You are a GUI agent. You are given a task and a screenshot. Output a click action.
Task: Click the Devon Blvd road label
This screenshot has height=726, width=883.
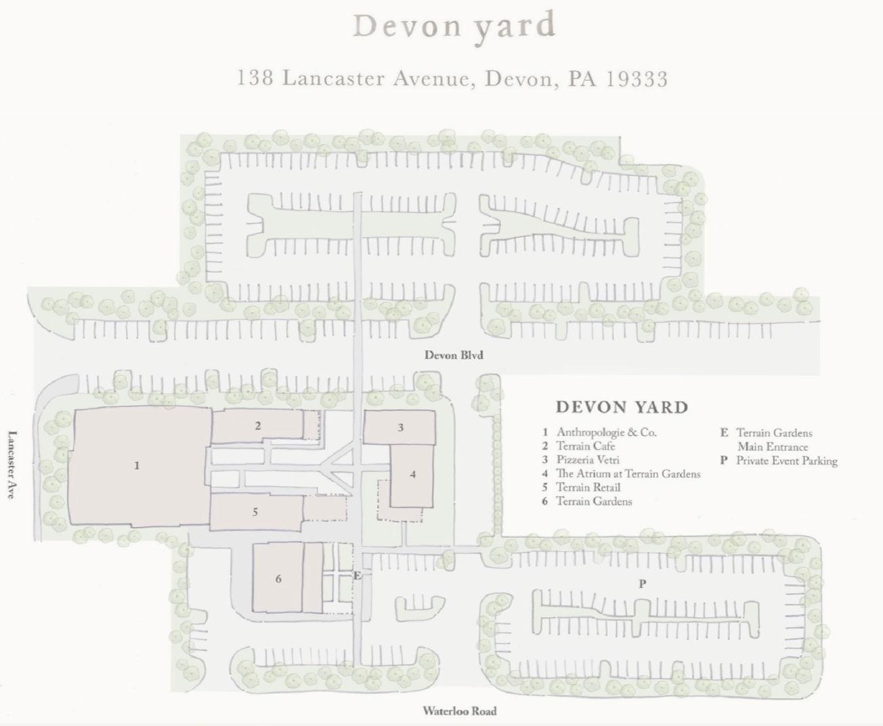pos(454,356)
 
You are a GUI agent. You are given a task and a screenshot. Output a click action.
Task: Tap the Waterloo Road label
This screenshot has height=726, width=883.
pos(459,711)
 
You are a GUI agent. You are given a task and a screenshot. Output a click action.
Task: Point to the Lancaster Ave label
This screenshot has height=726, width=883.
pos(13,465)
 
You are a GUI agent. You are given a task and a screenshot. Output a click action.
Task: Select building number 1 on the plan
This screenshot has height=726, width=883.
pos(139,466)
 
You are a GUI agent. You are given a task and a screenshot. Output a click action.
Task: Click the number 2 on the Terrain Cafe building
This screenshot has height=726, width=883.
pos(258,426)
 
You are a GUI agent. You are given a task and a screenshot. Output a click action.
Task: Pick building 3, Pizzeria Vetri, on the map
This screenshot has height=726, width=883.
pos(399,427)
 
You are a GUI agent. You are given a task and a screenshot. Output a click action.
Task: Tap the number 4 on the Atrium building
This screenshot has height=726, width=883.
pos(413,474)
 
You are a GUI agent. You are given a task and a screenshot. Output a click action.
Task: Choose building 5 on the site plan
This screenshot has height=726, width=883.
pos(256,513)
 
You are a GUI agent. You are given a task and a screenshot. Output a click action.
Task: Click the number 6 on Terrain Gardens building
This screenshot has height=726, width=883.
pos(278,579)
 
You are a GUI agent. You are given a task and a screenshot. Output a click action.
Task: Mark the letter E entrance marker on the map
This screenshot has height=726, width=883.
pos(357,576)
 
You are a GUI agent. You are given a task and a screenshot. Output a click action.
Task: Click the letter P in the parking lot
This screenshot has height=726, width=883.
pos(642,584)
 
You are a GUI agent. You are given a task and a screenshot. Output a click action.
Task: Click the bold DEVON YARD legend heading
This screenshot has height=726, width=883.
pos(622,408)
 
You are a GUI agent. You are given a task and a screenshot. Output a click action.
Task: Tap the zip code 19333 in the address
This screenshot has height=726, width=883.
pos(637,79)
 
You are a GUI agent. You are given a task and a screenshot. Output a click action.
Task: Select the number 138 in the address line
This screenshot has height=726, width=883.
pos(255,78)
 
